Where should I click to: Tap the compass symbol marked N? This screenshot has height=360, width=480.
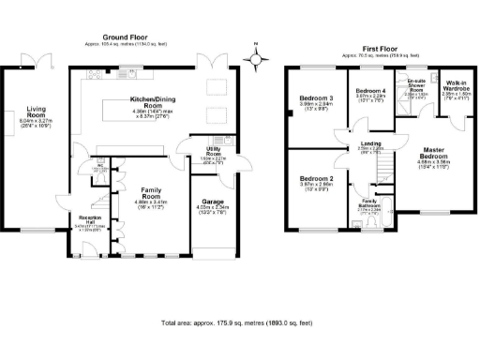click(255, 58)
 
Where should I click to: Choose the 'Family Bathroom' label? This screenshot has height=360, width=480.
click(367, 204)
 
